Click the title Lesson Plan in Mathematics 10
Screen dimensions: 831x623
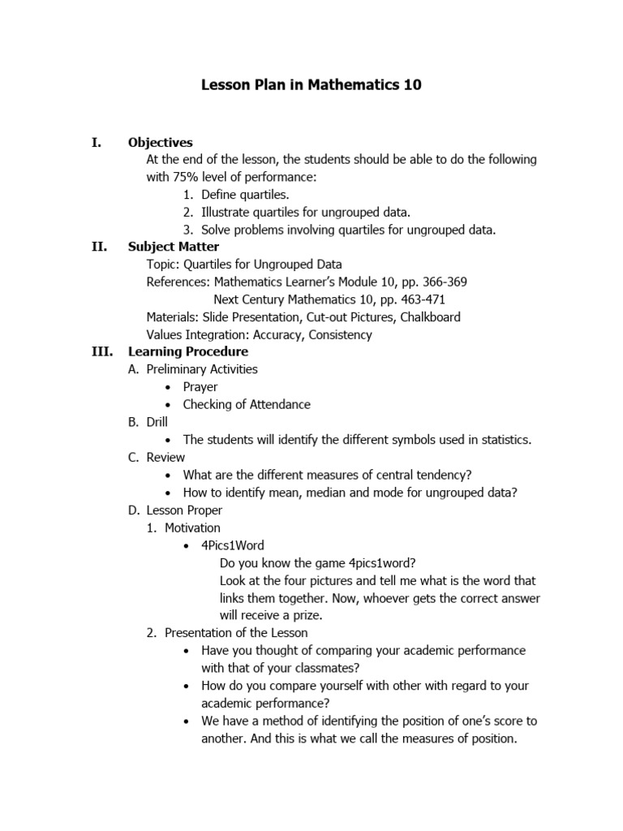(311, 85)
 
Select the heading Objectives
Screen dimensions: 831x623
(161, 142)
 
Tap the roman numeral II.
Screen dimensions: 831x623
(98, 247)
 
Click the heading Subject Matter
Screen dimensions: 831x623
(174, 247)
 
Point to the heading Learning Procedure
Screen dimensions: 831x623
(188, 352)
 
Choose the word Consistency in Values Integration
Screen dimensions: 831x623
(337, 334)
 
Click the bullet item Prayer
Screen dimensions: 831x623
(200, 387)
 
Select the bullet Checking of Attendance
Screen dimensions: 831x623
(247, 404)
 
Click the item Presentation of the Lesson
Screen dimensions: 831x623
(236, 632)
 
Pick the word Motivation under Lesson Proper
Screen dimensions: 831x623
(192, 527)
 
